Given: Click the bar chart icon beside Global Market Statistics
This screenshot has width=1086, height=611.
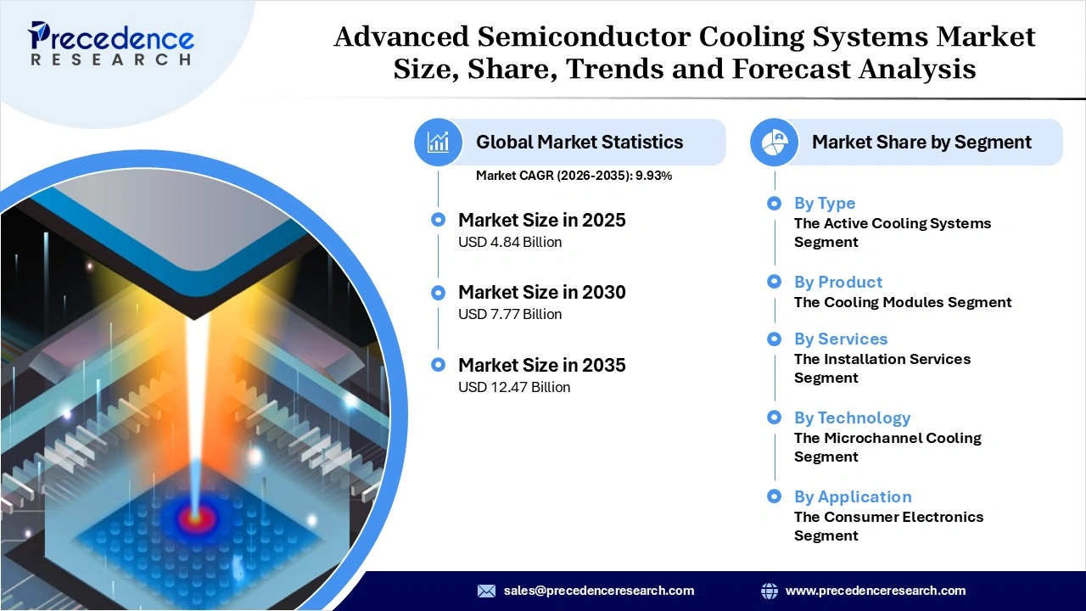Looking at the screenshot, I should (x=438, y=142).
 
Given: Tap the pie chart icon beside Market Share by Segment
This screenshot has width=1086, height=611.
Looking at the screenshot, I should (x=775, y=142).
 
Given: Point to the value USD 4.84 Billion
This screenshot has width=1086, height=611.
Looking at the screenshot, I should (x=510, y=242).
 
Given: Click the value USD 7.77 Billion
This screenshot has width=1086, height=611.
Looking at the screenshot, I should (x=510, y=314).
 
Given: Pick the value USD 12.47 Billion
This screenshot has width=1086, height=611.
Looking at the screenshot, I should (x=514, y=387).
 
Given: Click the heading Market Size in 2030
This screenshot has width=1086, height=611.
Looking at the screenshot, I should (x=541, y=292).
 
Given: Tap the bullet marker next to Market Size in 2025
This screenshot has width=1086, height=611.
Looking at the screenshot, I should (x=438, y=220).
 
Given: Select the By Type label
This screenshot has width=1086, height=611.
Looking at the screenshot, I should (x=824, y=203).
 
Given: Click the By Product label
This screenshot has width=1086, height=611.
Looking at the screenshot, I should (x=837, y=282).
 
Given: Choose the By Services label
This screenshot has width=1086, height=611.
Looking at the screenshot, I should (x=840, y=339).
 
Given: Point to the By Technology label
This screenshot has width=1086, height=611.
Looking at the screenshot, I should (x=852, y=418).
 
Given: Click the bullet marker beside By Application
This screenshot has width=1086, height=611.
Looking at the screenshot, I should (x=774, y=496).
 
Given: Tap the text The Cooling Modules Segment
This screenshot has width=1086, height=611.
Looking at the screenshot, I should (x=903, y=302).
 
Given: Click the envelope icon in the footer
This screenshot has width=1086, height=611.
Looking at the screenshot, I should (x=486, y=591).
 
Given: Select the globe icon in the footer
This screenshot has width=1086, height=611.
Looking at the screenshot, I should (x=770, y=591).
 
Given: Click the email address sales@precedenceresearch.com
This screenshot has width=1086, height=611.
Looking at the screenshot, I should (x=599, y=591).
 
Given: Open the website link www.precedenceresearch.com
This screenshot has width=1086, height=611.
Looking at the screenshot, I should (x=876, y=591).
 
